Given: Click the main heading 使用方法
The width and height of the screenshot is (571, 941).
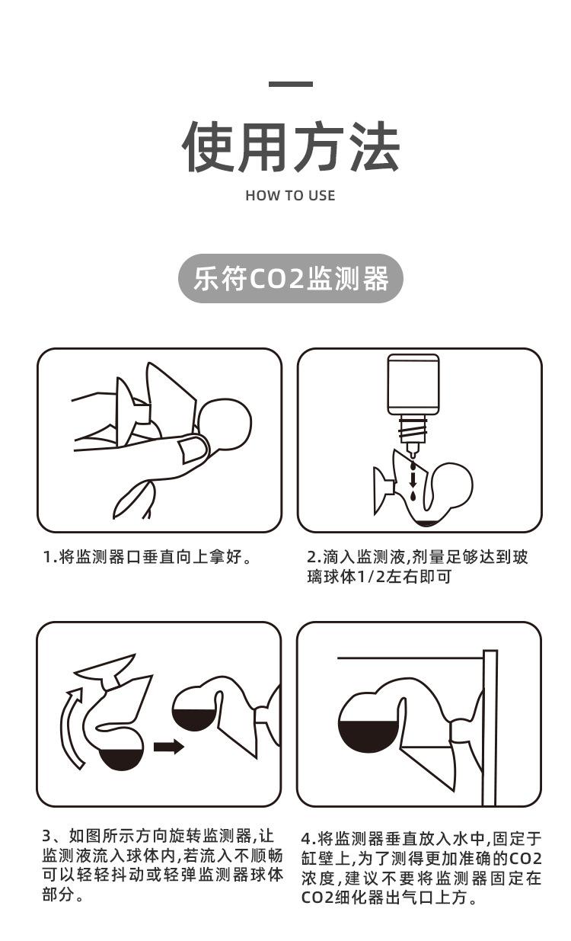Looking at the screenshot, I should pyautogui.click(x=290, y=146).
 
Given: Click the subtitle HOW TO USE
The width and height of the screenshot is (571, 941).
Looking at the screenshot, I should pyautogui.click(x=290, y=196).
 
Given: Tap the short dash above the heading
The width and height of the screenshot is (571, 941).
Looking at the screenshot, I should pyautogui.click(x=290, y=84).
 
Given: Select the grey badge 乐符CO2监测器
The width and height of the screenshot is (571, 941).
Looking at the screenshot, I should pyautogui.click(x=290, y=279).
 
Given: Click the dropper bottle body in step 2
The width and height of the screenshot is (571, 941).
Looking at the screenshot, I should pyautogui.click(x=413, y=385).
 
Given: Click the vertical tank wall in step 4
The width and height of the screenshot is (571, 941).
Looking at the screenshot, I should pyautogui.click(x=490, y=728).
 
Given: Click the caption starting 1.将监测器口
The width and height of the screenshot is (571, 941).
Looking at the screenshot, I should pyautogui.click(x=146, y=558).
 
